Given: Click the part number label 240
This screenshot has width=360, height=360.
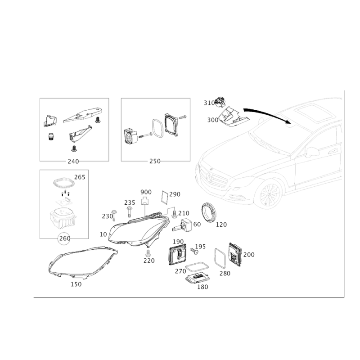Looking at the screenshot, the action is tap(73, 162).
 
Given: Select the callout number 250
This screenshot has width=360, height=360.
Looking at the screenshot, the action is tap(155, 161).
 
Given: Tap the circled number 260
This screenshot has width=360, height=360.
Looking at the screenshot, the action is tap(65, 238).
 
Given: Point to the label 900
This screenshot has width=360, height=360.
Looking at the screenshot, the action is tap(146, 192).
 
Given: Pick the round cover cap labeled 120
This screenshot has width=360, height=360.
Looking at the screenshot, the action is tap(209, 212).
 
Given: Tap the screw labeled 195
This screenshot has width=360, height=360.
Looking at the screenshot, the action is tap(194, 251).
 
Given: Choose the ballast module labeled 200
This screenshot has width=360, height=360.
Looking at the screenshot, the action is tap(235, 254).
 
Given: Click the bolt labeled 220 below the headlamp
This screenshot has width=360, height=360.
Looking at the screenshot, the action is tap(148, 253).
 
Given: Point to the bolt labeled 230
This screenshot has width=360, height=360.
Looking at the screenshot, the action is tap(114, 216).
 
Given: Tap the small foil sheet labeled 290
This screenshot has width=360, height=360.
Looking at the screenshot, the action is tap(165, 197).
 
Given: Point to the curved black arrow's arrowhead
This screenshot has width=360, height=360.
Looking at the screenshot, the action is tap(288, 121).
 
